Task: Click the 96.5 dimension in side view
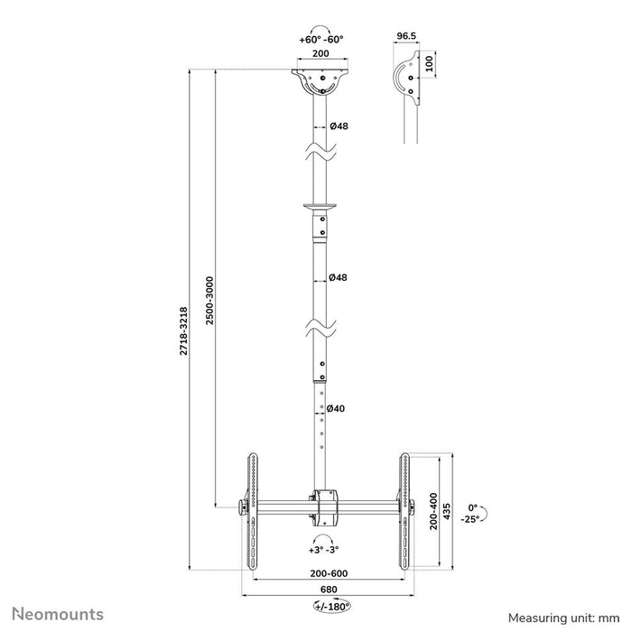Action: (406, 37)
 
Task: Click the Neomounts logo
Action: (58, 615)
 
